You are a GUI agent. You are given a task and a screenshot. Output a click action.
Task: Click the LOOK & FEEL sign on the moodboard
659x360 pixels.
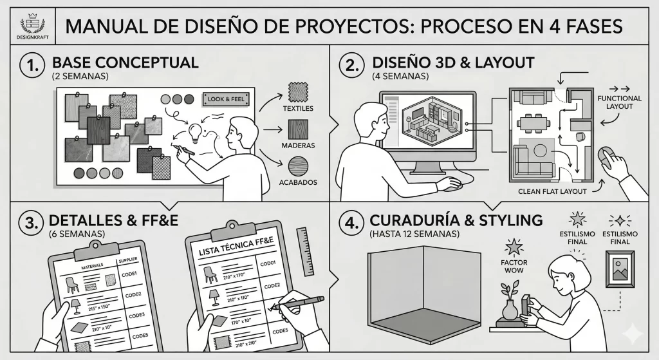click(x=224, y=99)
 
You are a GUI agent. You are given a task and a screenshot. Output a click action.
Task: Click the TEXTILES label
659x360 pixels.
click(x=298, y=109)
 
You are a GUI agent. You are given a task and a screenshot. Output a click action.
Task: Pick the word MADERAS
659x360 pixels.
click(x=297, y=146)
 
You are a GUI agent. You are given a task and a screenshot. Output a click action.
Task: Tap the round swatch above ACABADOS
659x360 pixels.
click(x=297, y=167)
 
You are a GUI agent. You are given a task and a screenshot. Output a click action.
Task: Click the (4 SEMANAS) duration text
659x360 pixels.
click(x=400, y=76)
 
